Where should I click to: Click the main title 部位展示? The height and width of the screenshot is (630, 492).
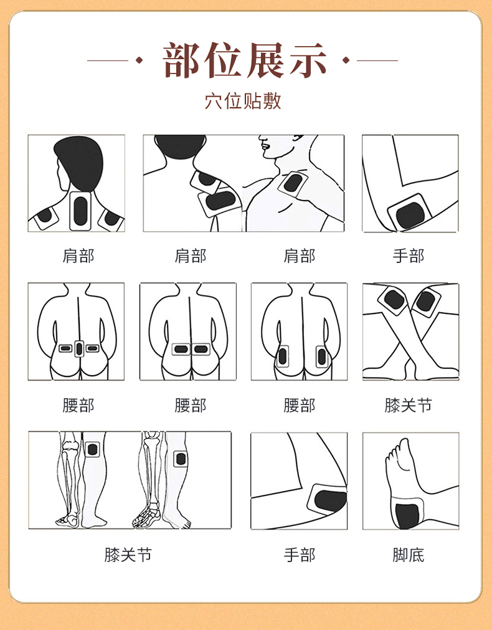tap(245, 60)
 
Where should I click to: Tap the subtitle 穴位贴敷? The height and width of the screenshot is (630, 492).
tap(243, 101)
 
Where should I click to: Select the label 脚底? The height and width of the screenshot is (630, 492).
tap(409, 555)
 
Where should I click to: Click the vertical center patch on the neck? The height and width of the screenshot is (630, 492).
tap(80, 211)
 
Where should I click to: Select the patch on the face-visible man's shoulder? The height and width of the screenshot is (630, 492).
tap(293, 184)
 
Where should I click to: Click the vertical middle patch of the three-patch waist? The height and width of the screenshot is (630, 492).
tap(79, 348)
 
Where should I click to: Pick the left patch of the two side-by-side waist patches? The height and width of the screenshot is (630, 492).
tap(181, 349)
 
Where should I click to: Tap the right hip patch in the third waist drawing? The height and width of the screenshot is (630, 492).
tap(322, 356)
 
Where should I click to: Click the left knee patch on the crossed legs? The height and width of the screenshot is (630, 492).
tap(393, 300)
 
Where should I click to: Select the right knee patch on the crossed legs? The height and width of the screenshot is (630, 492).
tap(426, 302)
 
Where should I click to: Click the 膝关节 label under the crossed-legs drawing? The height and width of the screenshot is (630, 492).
tap(409, 405)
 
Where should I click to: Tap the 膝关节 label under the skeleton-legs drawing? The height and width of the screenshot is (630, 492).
tap(128, 555)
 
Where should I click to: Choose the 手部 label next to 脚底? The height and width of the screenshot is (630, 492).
tap(300, 555)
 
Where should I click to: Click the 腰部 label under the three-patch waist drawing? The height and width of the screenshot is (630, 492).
tap(78, 405)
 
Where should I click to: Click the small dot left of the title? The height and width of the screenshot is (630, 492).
tap(139, 60)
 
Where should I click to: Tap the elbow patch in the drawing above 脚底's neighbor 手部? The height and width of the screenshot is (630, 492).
tap(328, 499)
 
